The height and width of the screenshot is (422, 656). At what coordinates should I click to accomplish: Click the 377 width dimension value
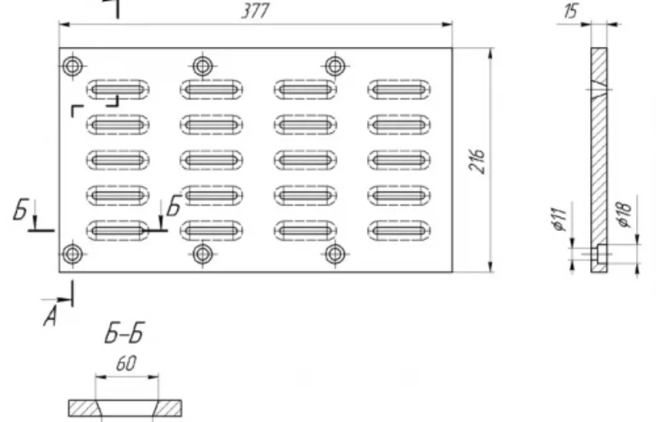(255, 11)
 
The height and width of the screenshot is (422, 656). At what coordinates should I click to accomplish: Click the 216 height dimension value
(477, 160)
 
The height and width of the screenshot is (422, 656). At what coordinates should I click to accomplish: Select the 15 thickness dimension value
(571, 11)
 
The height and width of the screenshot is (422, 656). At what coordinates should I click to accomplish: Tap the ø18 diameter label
(624, 214)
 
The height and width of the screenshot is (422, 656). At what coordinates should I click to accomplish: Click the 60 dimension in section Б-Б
(126, 364)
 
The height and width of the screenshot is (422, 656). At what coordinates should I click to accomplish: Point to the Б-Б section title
(124, 333)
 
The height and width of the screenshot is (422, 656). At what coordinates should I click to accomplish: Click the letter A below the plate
(50, 316)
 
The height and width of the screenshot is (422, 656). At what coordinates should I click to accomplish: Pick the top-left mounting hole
(72, 66)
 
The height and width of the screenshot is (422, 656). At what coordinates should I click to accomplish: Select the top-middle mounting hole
(203, 66)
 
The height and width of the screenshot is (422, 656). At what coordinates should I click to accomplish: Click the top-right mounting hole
(335, 66)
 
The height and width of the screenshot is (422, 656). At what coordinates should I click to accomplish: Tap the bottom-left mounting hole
(72, 254)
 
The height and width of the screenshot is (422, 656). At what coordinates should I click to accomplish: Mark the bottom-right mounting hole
(335, 254)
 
